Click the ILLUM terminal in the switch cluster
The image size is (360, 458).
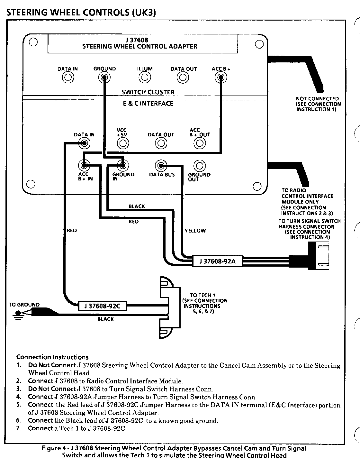145,77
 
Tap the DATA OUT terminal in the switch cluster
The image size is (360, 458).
183,77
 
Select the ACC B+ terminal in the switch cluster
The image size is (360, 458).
221,77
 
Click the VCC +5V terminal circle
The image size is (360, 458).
122,143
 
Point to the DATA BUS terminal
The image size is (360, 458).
161,166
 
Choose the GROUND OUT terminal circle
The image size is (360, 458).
199,166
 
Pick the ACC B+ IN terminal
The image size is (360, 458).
84,166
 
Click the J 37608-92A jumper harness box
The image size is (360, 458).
218,261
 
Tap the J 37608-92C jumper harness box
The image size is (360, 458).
103,306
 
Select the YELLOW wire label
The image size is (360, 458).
195,231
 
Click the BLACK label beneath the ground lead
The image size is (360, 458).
106,319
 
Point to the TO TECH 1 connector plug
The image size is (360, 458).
169,307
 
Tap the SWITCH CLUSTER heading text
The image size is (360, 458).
148,92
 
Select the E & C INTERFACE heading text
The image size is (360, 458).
148,104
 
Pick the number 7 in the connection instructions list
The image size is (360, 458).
20,428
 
